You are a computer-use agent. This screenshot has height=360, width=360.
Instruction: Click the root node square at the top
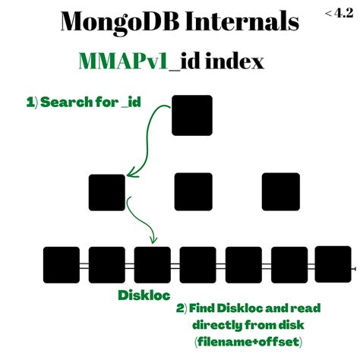pos(193,115)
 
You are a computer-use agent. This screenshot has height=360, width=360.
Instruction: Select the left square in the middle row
pos(107,192)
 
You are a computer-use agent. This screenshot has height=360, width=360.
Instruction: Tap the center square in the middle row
pos(193,191)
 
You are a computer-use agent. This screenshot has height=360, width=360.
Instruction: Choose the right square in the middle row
pos(281,191)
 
